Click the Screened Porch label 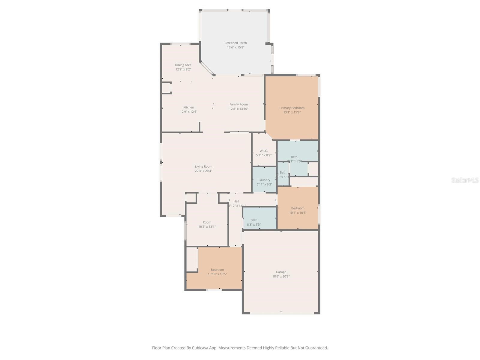coord(235,43)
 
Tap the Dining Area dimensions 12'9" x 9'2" coord(183,69)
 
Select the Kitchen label coord(189,107)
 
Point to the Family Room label coord(238,104)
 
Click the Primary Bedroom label coord(292,108)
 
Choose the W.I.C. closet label coord(264,151)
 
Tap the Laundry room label coord(264,180)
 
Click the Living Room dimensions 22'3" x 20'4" coord(203,171)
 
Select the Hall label coord(236,201)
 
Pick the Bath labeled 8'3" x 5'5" coord(254,222)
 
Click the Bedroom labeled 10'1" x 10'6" coord(298,210)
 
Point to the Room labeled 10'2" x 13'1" coord(207,224)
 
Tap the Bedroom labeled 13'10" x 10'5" coord(217,272)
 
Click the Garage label coord(281,272)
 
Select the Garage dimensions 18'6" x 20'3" coord(281,277)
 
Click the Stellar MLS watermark coord(465,180)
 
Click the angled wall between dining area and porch coord(207,69)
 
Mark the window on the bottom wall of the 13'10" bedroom coord(214,290)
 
